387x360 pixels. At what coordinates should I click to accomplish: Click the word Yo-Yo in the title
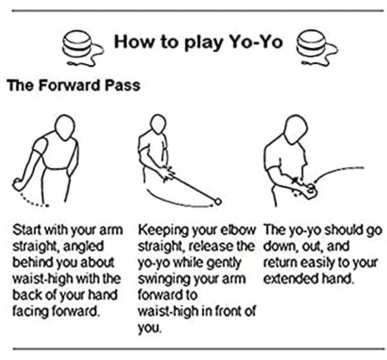coord(256,42)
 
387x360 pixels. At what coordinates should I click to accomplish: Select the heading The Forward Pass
coord(74,85)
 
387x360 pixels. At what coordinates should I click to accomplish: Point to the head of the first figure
coord(65,127)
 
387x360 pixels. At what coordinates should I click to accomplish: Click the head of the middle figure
coord(158,125)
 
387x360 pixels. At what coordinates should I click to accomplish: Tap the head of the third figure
coord(295,129)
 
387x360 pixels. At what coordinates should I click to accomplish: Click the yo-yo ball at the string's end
coord(218,202)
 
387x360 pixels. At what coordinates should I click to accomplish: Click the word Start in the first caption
coord(27,230)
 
